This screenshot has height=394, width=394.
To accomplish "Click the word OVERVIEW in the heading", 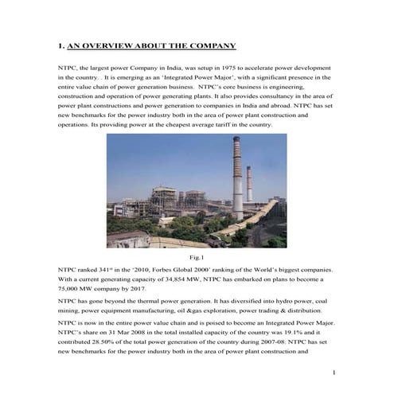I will pos(110,46).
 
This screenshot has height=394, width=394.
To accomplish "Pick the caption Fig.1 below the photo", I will pos(197,259).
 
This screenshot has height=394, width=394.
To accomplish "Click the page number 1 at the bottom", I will pos(335,373).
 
